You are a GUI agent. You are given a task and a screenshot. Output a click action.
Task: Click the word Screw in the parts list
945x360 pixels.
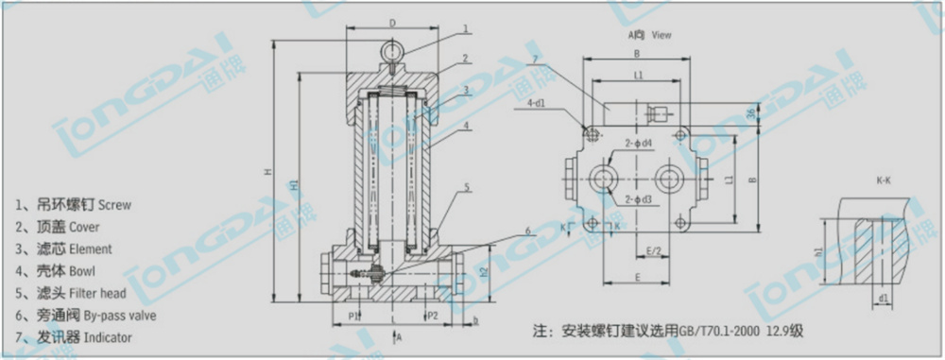pyautogui.click(x=115, y=204)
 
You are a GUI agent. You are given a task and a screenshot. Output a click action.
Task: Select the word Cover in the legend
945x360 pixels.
pyautogui.click(x=84, y=227)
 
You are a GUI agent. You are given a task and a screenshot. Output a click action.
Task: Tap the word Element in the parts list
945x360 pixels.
pyautogui.click(x=91, y=249)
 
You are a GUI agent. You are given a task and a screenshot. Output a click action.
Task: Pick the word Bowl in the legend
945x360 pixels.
pyautogui.click(x=80, y=271)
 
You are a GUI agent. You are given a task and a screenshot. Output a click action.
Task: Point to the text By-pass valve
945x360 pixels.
pyautogui.click(x=120, y=316)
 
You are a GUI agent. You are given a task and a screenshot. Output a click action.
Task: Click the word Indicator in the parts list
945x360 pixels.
pyautogui.click(x=108, y=337)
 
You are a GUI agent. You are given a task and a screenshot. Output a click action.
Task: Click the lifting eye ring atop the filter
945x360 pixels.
pyautogui.click(x=393, y=51)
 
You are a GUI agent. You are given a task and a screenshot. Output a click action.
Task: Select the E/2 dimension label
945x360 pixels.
pyautogui.click(x=652, y=251)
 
